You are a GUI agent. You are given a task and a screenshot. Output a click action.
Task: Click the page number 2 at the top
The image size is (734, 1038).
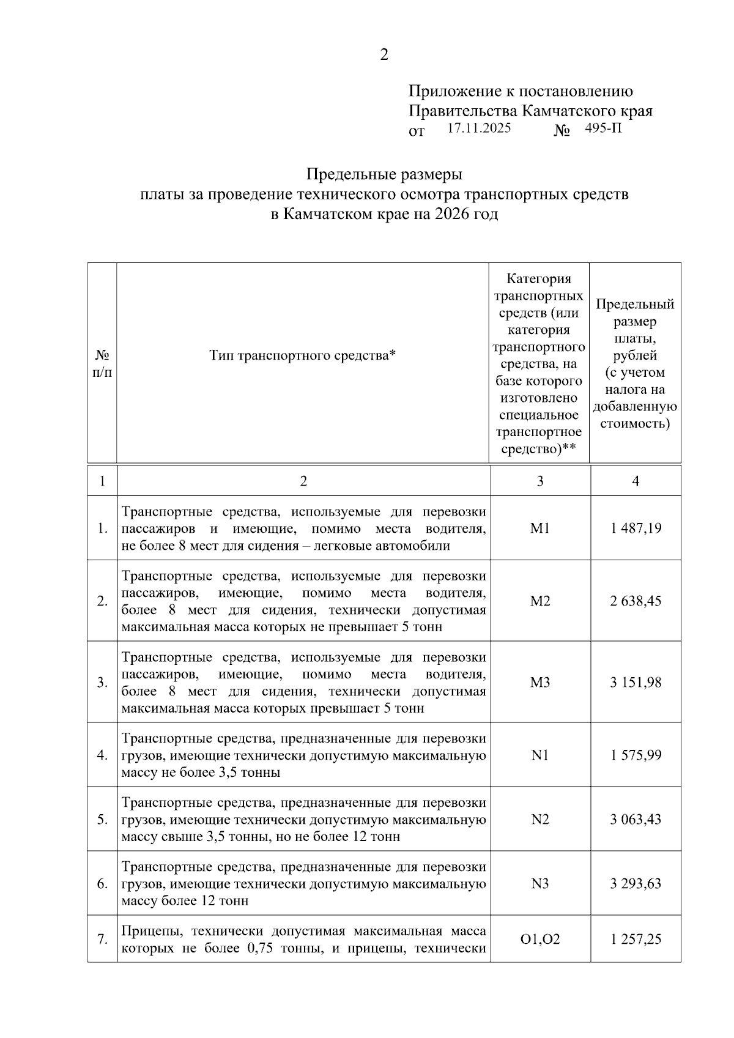coord(384,55)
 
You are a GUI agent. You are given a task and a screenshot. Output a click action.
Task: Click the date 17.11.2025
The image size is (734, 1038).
coord(479,128)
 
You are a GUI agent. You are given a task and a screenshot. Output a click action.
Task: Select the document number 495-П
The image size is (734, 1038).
coord(603,128)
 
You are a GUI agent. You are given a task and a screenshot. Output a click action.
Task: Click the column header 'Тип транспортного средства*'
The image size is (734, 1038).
coord(303,355)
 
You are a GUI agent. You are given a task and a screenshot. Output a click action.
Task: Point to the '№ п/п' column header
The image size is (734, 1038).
coord(102,363)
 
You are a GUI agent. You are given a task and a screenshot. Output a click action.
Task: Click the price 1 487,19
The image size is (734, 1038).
coord(636,528)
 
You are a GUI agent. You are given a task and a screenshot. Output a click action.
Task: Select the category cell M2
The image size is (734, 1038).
coord(540,601)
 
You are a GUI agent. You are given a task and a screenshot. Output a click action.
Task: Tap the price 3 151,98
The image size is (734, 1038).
coord(636,682)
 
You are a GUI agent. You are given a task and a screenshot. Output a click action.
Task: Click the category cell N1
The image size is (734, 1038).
coord(540,755)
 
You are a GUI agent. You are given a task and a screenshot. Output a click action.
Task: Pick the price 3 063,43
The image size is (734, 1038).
coord(636,819)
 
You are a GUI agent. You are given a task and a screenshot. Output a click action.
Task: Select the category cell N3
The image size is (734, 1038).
coord(540,883)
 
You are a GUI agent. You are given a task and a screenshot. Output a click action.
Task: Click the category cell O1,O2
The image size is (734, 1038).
coord(540,939)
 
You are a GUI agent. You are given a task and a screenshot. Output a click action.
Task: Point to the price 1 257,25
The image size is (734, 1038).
coord(636,939)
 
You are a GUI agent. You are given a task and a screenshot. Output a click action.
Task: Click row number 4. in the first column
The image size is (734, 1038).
coord(102,755)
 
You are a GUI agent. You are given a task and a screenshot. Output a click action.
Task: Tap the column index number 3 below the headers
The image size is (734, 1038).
coord(540,481)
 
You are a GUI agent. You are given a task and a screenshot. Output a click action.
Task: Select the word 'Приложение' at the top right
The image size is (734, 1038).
coord(453,92)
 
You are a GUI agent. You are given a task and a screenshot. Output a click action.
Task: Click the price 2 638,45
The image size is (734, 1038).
coord(636,601)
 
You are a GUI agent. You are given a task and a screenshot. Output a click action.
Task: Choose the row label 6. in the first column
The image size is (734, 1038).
coord(102,883)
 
